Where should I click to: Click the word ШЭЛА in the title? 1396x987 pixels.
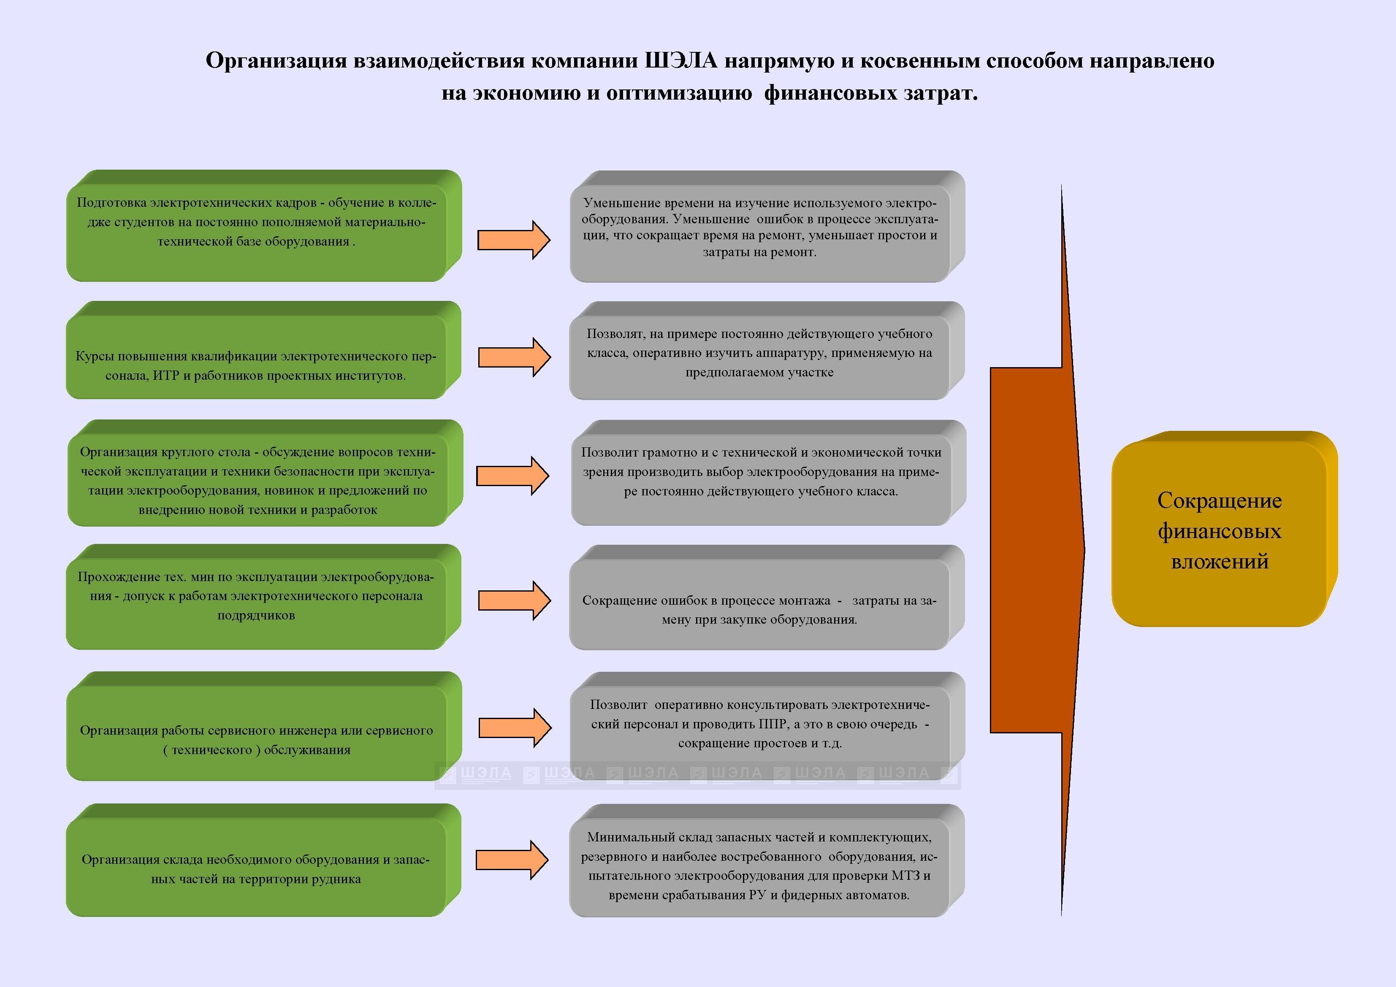click(680, 61)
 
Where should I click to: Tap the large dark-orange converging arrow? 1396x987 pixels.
click(1037, 550)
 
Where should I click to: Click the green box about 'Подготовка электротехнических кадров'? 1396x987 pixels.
click(264, 225)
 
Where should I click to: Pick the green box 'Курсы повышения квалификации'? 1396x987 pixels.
click(264, 350)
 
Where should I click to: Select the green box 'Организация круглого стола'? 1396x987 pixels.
click(265, 473)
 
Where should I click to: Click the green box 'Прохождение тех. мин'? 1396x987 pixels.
click(264, 597)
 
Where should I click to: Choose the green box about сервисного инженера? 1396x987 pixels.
click(264, 726)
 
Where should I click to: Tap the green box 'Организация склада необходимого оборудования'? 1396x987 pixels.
click(264, 860)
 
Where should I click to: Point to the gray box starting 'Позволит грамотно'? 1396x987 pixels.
click(769, 473)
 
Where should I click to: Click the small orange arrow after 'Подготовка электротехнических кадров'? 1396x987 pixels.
click(514, 240)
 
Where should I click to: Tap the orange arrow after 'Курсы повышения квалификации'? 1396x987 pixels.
click(515, 357)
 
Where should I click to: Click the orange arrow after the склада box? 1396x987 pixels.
click(512, 860)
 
